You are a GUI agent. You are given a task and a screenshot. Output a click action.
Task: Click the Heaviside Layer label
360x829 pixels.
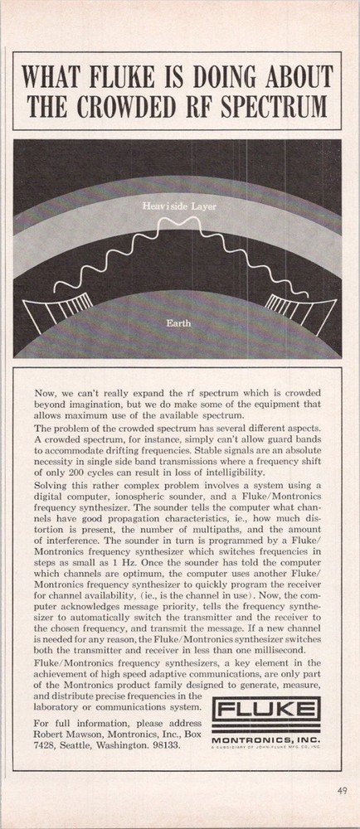[178, 204]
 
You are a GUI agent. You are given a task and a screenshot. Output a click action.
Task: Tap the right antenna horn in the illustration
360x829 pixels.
[295, 316]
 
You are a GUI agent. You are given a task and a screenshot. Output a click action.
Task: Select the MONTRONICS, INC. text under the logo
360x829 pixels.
[265, 737]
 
